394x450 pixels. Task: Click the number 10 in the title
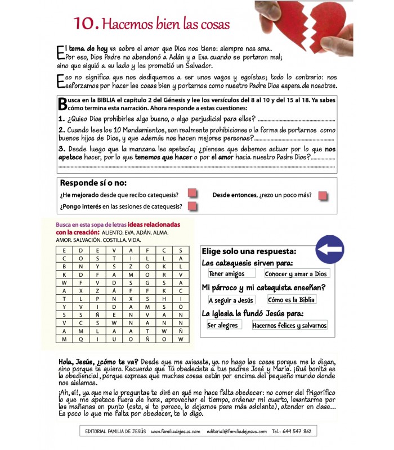click(x=86, y=23)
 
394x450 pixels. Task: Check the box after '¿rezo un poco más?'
click(x=323, y=195)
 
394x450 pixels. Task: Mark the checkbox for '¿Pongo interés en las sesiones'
click(x=192, y=206)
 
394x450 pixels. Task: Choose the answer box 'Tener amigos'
click(x=226, y=274)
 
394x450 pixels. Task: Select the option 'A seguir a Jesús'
click(x=231, y=300)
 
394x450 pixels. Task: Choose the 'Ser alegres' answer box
click(x=222, y=325)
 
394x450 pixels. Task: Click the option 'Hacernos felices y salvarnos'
click(x=289, y=325)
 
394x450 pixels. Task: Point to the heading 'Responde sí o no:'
click(x=93, y=183)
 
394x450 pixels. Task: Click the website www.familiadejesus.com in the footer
click(x=176, y=431)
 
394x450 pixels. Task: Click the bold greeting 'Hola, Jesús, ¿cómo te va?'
click(x=98, y=361)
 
